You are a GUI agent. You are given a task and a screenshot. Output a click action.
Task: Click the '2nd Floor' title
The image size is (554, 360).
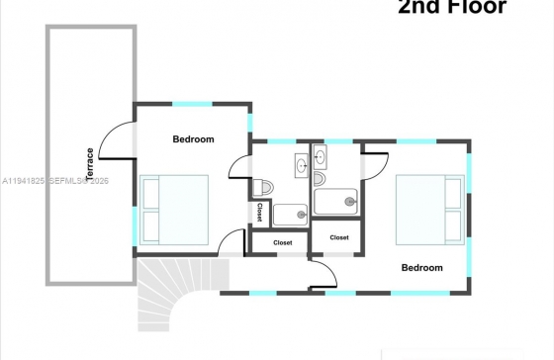point(452,6)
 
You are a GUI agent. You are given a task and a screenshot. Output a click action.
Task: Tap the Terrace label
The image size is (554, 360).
point(90,163)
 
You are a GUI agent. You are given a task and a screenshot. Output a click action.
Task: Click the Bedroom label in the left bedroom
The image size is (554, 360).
point(193,139)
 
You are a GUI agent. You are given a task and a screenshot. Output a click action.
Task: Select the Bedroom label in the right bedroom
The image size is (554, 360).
point(421,267)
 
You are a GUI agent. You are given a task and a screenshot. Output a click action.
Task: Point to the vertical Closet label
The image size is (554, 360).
point(259,212)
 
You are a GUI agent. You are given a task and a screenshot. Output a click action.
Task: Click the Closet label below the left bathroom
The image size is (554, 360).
point(283,242)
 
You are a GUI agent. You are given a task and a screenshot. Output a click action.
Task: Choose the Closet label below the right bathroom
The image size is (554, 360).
point(339,237)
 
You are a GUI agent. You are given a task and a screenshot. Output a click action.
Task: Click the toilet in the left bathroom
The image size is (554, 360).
point(263,187)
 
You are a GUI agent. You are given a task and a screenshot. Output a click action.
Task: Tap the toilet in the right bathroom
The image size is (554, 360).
point(320,179)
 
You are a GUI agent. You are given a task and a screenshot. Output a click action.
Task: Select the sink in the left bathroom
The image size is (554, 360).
point(302,165)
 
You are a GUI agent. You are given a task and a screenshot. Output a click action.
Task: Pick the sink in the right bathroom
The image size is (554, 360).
point(321,157)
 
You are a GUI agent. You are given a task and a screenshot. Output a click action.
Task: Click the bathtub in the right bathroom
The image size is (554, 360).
point(335,202)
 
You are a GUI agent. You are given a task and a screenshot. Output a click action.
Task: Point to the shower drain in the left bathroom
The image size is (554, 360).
point(302,215)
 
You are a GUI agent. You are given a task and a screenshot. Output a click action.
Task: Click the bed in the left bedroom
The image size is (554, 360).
point(174,210)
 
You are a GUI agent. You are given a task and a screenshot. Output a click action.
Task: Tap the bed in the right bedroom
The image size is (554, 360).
point(430,210)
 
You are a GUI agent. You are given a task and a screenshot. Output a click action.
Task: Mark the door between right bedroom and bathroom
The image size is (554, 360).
point(376,166)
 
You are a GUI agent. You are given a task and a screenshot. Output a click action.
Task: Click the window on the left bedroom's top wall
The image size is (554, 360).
point(192,104)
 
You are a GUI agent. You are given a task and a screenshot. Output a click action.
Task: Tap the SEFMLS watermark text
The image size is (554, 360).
point(78,181)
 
